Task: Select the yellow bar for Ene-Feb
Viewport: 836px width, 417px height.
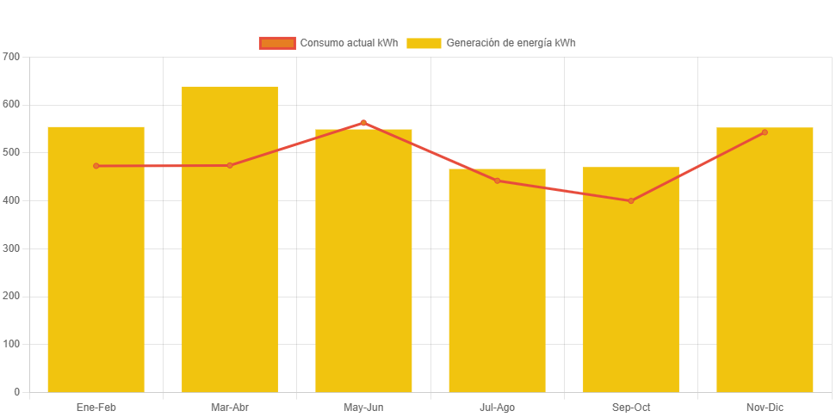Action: [96, 275]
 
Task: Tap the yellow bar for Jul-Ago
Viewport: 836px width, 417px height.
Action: [497, 292]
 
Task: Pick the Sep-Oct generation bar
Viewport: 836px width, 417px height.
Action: [631, 292]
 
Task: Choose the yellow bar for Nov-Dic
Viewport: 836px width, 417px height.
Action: [765, 275]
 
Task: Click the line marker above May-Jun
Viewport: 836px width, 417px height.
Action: [363, 123]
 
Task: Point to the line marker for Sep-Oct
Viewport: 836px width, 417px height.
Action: [631, 201]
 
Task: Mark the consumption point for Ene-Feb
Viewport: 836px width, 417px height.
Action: [96, 166]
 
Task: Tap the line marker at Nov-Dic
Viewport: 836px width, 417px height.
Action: [765, 132]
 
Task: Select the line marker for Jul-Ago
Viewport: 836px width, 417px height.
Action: [497, 181]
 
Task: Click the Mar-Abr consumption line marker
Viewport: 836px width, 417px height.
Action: [230, 165]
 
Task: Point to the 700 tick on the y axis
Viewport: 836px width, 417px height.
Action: [11, 56]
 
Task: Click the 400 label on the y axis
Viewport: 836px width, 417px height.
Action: [11, 200]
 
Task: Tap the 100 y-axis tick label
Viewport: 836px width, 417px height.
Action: [11, 344]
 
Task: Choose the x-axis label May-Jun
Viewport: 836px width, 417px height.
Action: [363, 407]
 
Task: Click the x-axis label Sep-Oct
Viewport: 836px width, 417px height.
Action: [631, 407]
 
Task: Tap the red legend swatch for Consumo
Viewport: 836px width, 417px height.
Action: [277, 43]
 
